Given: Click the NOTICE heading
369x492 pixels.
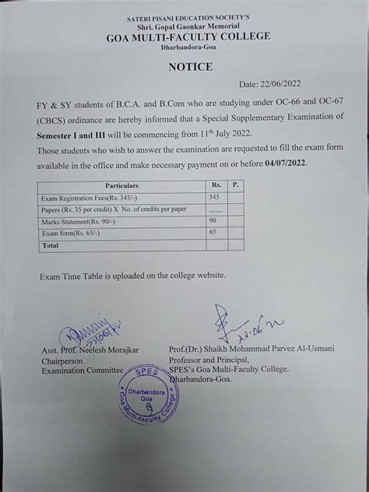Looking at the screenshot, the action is click(190, 67).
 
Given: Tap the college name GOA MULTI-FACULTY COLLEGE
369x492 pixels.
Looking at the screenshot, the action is click(190, 36).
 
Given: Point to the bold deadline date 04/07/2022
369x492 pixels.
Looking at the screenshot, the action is click(285, 163).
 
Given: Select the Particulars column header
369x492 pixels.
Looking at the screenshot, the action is click(121, 187).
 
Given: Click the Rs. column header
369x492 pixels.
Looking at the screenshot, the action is click(215, 187).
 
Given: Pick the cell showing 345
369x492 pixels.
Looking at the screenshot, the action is click(215, 199).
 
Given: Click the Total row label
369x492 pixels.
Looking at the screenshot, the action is click(50, 244).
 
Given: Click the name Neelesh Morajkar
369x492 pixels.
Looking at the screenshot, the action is click(104, 351).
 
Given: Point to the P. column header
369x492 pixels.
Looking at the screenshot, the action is click(235, 187).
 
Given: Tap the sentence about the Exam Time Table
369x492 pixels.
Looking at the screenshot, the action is click(133, 275).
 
